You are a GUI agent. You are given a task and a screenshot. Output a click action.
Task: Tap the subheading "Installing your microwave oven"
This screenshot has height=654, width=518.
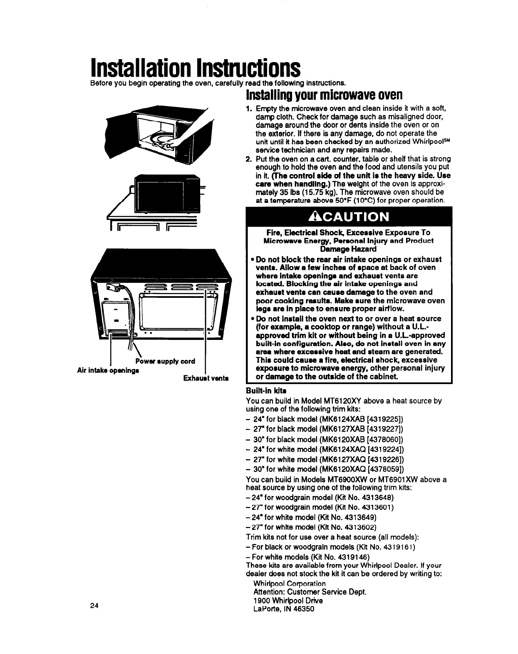(324, 95)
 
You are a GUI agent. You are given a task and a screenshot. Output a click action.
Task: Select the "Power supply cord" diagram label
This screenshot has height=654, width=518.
(165, 361)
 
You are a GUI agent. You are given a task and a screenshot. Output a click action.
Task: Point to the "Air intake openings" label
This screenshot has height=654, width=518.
(108, 369)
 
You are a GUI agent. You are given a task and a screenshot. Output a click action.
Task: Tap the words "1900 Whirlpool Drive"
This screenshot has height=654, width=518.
(288, 601)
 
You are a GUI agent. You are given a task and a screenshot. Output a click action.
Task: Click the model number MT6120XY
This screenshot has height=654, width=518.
(345, 401)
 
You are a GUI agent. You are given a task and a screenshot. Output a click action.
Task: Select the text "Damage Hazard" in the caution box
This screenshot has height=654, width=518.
(349, 249)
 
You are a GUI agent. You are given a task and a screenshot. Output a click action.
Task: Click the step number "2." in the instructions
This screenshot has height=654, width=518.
(249, 159)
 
